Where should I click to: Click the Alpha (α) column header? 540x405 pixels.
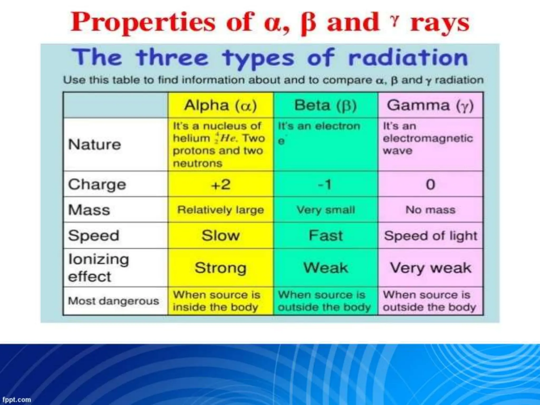pyautogui.click(x=220, y=105)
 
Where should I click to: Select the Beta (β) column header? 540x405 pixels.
pyautogui.click(x=325, y=105)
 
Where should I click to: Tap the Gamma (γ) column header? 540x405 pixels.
pyautogui.click(x=430, y=105)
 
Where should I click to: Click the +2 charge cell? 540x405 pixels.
pyautogui.click(x=220, y=184)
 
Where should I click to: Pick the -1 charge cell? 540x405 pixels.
pyautogui.click(x=325, y=184)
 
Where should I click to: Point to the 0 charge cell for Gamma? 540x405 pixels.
pyautogui.click(x=430, y=184)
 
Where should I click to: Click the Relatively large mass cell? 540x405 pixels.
pyautogui.click(x=220, y=210)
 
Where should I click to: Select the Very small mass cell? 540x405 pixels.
pyautogui.click(x=325, y=210)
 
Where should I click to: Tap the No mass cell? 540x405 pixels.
pyautogui.click(x=430, y=210)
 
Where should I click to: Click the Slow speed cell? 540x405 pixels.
pyautogui.click(x=220, y=235)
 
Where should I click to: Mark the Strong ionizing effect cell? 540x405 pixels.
pyautogui.click(x=220, y=268)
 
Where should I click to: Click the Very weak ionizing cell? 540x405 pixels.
pyautogui.click(x=430, y=268)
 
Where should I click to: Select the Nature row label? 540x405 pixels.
pyautogui.click(x=94, y=144)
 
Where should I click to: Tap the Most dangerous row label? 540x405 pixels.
pyautogui.click(x=113, y=301)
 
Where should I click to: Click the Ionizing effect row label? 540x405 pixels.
pyautogui.click(x=98, y=268)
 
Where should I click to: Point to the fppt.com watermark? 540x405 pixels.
pyautogui.click(x=16, y=400)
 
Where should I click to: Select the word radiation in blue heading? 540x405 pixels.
pyautogui.click(x=408, y=58)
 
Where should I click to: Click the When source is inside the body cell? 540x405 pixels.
pyautogui.click(x=216, y=301)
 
